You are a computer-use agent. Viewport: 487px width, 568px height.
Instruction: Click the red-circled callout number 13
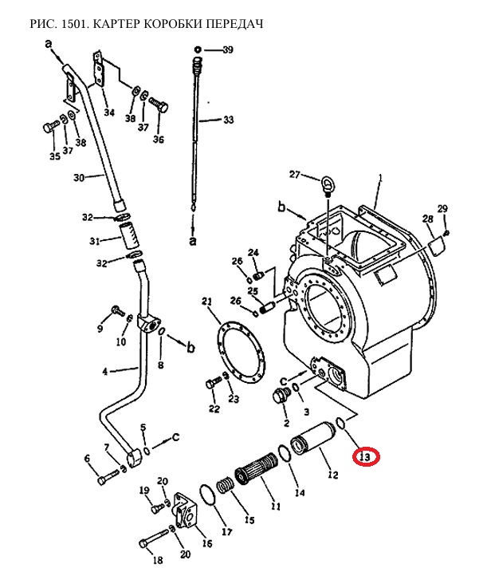(365, 457)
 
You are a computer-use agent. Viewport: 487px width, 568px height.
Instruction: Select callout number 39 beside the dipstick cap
(228, 49)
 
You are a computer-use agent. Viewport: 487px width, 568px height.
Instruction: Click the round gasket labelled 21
(240, 351)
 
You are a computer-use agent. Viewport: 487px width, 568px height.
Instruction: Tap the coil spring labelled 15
(225, 485)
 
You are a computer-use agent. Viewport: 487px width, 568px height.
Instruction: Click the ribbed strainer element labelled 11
(257, 467)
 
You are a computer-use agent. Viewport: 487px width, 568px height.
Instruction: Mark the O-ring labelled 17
(207, 495)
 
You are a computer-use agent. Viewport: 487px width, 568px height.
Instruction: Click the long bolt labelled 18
(154, 538)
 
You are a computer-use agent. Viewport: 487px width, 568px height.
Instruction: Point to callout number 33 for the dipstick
(228, 120)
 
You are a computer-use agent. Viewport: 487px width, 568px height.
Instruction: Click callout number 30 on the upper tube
(79, 177)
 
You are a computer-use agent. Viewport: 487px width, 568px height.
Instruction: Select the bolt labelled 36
(159, 105)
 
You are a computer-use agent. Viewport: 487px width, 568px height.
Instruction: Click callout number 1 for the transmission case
(380, 177)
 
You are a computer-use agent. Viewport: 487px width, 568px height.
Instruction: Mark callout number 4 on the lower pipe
(105, 372)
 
